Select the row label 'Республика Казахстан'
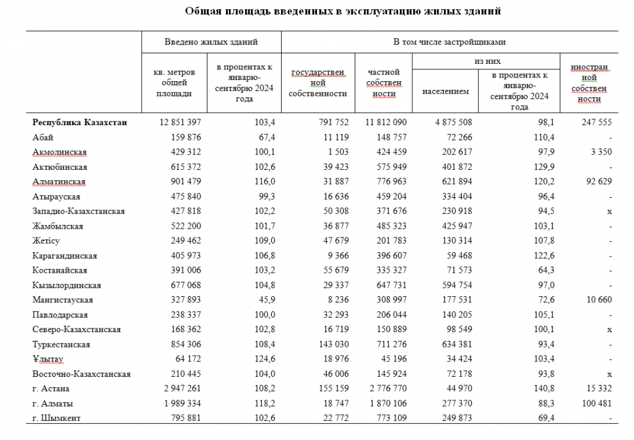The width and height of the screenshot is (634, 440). coord(80,123)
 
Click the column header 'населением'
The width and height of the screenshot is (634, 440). coord(445,91)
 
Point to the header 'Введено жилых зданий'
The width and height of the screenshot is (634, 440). coord(211,42)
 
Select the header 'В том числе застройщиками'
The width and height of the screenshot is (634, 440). coord(449,42)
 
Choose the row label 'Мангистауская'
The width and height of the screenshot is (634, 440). coord(63,300)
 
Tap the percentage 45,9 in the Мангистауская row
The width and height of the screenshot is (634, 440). coord(264,300)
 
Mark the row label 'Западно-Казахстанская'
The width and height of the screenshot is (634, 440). coord(79,211)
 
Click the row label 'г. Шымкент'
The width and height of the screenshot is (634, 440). coord(56,418)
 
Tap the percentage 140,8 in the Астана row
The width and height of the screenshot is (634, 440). coord(541,389)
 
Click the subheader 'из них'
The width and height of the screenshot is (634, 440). coord(487,62)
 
